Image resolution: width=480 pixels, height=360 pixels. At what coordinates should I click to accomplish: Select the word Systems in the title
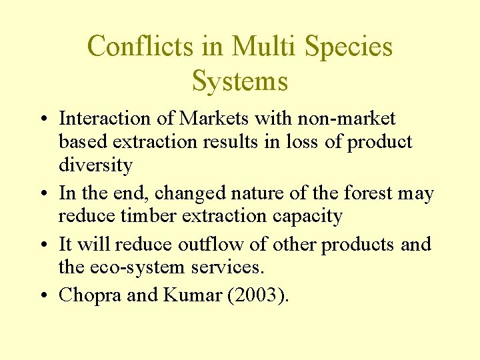[240, 81]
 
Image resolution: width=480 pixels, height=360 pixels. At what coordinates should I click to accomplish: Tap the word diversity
[95, 165]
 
